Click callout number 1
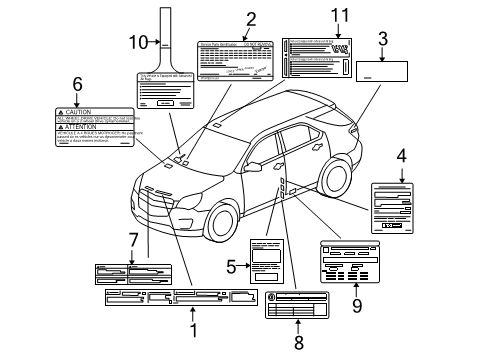click(x=193, y=327)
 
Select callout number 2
click(x=251, y=17)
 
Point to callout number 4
click(x=401, y=156)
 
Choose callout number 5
click(x=231, y=266)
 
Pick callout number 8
click(x=298, y=342)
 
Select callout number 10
click(x=137, y=41)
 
